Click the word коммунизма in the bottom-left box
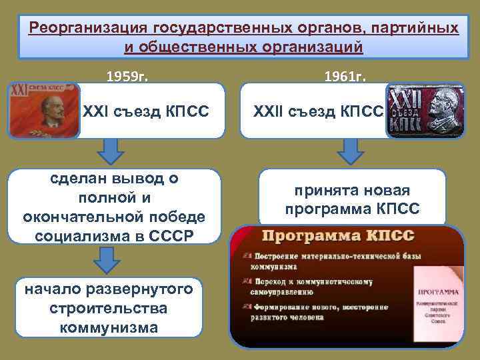109,327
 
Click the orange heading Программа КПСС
339,237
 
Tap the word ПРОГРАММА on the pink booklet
438,291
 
